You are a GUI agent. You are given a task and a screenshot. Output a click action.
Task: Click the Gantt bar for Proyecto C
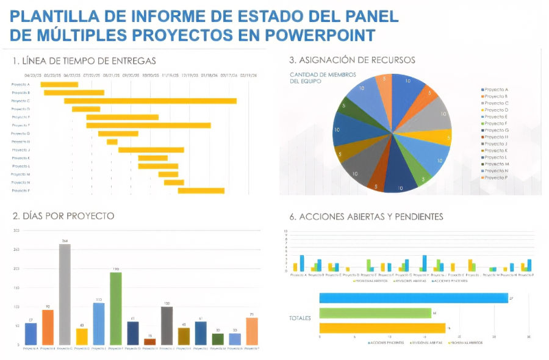tap(150, 101)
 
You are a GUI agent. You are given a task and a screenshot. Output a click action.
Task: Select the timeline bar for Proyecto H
tap(112, 142)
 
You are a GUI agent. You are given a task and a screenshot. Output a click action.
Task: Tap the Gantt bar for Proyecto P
tap(201, 190)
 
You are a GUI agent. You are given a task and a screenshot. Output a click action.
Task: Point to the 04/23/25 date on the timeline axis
tap(33, 76)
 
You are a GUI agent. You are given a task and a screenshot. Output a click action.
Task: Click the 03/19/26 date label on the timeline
tap(248, 76)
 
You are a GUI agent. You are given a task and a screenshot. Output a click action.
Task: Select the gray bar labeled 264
tap(65, 294)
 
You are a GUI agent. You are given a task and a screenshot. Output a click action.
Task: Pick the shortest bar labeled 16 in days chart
tap(150, 342)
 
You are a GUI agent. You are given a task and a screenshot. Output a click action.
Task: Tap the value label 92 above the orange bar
tap(48, 306)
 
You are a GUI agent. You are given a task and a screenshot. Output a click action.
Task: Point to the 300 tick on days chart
tap(16, 231)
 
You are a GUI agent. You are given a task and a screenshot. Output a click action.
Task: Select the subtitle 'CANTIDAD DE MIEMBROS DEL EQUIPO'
tap(314, 77)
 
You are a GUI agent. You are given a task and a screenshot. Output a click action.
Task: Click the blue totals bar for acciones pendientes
tap(413, 298)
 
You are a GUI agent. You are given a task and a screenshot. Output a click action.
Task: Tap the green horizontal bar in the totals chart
tap(375, 313)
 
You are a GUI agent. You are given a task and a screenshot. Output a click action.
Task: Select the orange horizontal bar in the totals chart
tap(382, 328)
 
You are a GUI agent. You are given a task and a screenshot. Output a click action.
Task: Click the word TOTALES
tap(300, 318)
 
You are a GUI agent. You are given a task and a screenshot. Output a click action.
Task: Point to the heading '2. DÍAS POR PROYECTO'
tap(63, 216)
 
